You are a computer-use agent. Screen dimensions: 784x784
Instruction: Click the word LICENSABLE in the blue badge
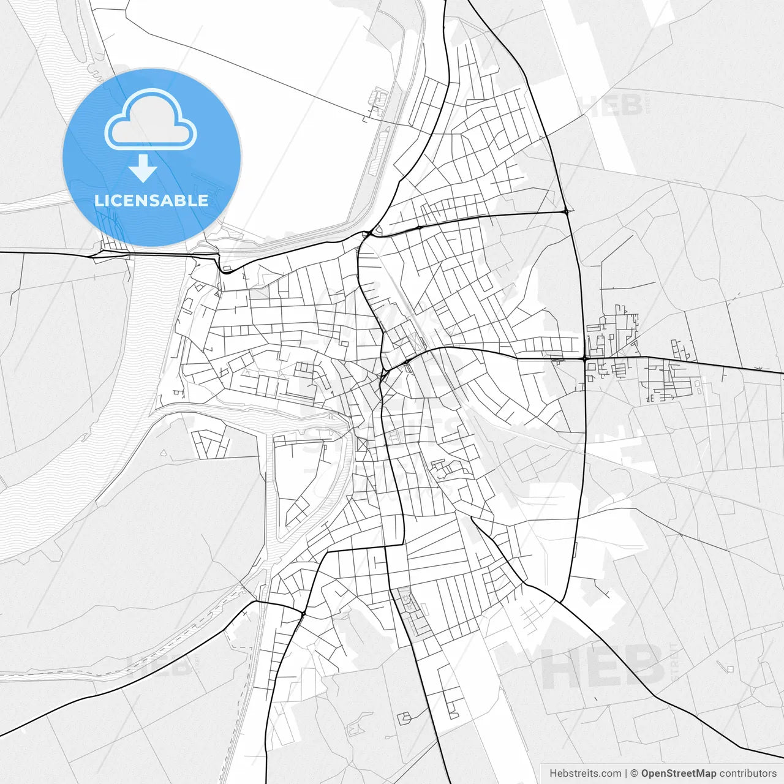point(151,200)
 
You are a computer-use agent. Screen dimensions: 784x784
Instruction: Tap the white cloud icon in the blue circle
point(151,120)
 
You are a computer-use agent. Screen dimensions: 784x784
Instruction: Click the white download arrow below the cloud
point(143,168)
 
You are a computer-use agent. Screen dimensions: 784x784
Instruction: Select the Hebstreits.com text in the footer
point(585,774)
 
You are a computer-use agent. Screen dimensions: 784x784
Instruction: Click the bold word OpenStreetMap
point(678,774)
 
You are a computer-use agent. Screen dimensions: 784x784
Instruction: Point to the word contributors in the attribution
point(747,774)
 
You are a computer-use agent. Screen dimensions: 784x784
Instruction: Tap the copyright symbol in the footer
point(634,774)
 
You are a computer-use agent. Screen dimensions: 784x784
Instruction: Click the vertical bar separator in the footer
point(625,774)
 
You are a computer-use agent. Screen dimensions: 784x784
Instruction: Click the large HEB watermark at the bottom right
point(603,666)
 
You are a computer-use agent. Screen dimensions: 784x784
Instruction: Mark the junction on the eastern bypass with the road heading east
point(585,358)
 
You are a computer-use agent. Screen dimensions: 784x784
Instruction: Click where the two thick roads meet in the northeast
point(566,211)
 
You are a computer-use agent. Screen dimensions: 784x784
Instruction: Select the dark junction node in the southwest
point(303,612)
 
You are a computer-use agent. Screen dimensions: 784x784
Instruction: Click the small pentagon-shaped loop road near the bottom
point(404,718)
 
